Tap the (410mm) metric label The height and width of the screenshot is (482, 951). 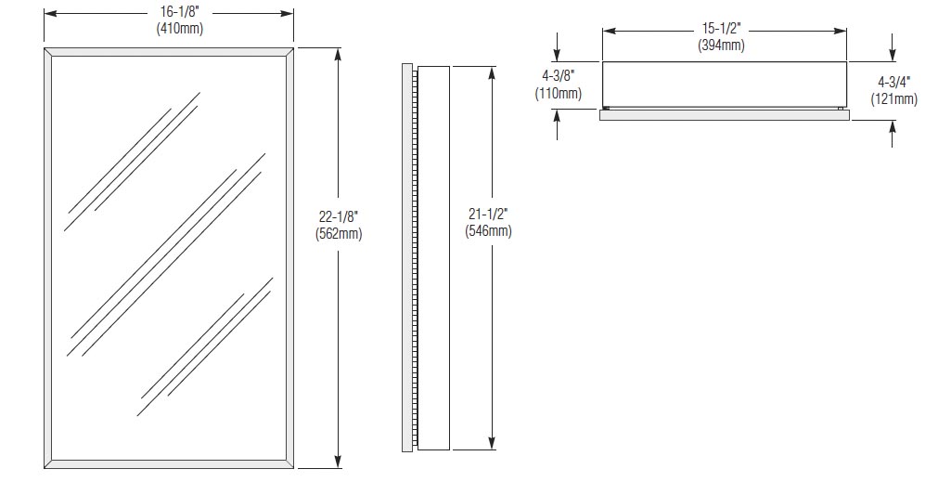(179, 28)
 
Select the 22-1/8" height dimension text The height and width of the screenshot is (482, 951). (339, 217)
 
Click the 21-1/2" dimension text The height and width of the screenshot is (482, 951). (488, 215)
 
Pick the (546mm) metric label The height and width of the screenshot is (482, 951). (488, 230)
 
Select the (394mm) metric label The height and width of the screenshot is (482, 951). (722, 45)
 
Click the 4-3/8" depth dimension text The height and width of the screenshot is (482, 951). (558, 77)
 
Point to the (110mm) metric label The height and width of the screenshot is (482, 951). (558, 93)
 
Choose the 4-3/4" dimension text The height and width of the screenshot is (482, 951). (894, 82)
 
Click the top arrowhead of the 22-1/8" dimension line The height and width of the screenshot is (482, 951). (339, 54)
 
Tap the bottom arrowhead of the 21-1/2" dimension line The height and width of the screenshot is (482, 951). (492, 443)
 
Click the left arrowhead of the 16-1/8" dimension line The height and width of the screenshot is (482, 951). (50, 13)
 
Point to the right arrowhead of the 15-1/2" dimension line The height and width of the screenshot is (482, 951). (840, 31)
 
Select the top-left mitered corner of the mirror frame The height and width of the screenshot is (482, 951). (48, 52)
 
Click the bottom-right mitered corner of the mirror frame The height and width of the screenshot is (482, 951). (289, 464)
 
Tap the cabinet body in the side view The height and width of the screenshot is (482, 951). (433, 258)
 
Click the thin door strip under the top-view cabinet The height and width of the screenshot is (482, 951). (725, 115)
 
